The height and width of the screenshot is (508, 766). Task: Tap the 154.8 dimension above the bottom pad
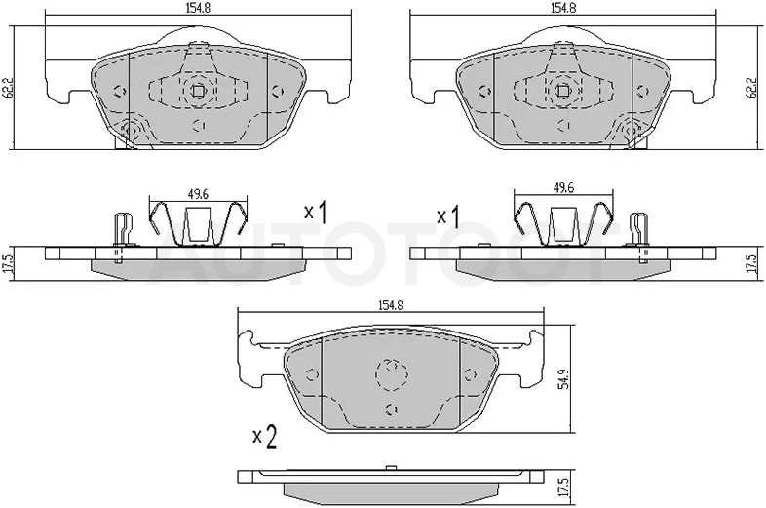pos(391,305)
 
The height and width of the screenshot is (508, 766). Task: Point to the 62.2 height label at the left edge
pos(8,87)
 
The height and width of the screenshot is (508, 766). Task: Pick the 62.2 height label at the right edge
pos(755,87)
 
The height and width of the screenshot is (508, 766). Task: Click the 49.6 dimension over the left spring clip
pos(199,194)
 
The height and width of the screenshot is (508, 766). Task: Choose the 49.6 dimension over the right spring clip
pos(563,188)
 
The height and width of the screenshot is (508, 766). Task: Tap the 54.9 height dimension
pos(564,377)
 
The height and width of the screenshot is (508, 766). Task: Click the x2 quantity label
pos(265,438)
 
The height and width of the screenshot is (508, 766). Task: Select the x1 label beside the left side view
pos(316,213)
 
